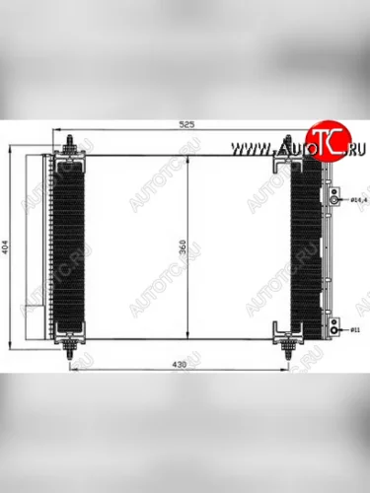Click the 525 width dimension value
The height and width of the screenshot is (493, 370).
pyautogui.click(x=185, y=125)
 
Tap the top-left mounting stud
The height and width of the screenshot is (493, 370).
pyautogui.click(x=71, y=145)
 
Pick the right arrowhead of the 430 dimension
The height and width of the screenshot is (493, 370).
pyautogui.click(x=285, y=373)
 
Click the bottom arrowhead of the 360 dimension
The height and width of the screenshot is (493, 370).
pyautogui.click(x=187, y=337)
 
